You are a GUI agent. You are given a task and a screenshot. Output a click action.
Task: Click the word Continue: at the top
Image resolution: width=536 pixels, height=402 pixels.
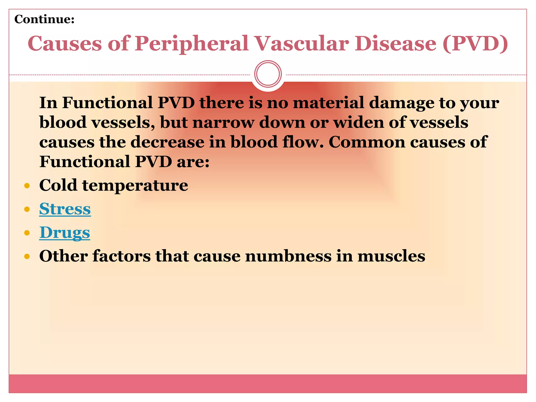point(44,19)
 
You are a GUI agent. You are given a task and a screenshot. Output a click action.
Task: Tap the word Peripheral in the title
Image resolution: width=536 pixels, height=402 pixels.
point(191,43)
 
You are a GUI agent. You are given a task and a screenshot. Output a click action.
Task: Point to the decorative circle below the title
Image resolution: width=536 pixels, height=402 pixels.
point(268,74)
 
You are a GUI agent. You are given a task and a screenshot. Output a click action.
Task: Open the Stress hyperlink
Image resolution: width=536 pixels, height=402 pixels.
point(65,209)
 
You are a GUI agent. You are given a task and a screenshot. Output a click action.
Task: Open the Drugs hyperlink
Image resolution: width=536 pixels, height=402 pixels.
point(65,232)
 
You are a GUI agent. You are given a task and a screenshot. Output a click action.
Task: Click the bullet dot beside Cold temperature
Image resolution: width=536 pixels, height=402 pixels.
point(27,186)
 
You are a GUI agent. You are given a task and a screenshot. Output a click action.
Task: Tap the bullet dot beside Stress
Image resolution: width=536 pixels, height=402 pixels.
point(27,209)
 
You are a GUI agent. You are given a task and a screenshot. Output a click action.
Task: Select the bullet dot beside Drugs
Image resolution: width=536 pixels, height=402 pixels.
point(27,233)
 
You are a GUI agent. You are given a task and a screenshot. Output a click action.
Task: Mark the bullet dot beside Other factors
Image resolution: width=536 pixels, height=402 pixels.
point(27,256)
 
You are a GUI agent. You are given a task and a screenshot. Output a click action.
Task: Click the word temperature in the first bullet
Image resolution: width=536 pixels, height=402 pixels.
point(135,185)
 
